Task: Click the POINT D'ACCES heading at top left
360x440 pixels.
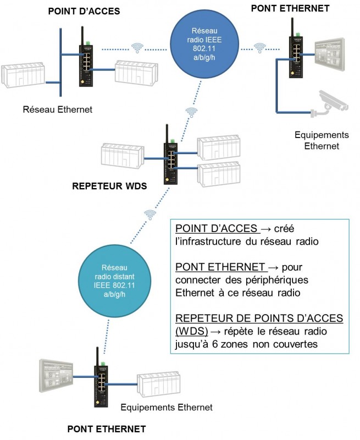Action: click(84, 11)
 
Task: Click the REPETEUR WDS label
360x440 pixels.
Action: click(109, 186)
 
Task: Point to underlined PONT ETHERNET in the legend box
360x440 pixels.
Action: click(219, 267)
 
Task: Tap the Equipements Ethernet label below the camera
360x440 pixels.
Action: click(322, 140)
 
